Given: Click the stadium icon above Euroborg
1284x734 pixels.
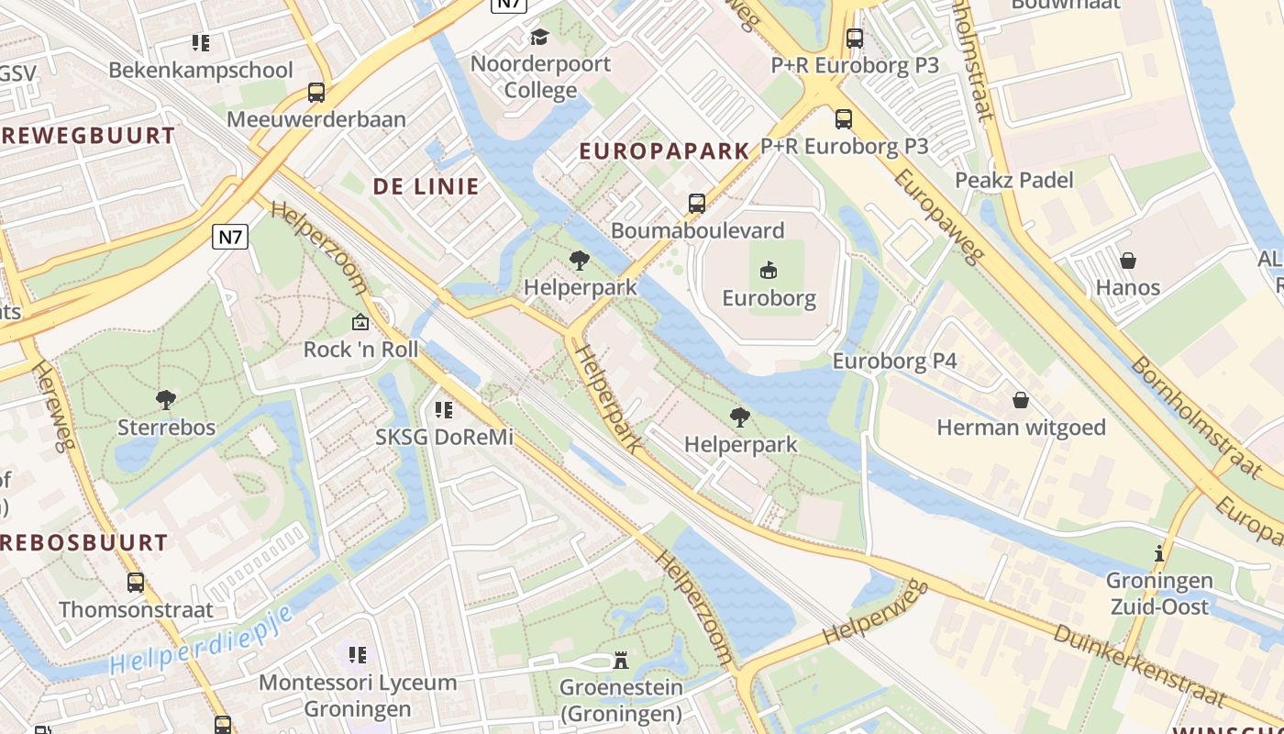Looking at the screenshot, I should click(x=769, y=270).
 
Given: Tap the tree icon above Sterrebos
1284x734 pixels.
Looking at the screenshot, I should click(x=166, y=399).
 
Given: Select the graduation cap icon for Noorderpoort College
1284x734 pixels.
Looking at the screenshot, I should click(x=539, y=37).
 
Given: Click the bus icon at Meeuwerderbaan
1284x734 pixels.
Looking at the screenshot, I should click(x=316, y=92).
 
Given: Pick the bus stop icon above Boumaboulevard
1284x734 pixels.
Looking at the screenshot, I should click(x=697, y=203).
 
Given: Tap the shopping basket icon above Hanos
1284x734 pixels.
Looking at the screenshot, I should click(x=1128, y=261).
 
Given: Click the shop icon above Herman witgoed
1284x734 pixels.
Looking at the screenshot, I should click(x=1020, y=400).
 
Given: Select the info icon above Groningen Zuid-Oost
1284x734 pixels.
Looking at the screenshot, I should click(x=1159, y=553).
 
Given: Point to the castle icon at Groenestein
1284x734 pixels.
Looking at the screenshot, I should click(x=621, y=661).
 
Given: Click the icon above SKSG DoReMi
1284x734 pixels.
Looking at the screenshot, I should click(x=444, y=409).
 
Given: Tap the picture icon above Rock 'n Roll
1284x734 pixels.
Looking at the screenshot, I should click(x=360, y=322).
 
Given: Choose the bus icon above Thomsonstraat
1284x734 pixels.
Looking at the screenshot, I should click(x=136, y=582).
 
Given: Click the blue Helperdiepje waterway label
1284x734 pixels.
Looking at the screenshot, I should click(x=202, y=640).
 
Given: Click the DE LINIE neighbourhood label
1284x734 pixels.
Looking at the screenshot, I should click(x=426, y=186).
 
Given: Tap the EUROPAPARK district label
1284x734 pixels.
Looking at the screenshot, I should click(x=664, y=151).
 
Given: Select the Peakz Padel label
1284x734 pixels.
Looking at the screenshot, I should click(x=1013, y=180).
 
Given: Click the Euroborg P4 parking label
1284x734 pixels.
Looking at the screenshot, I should click(x=894, y=361).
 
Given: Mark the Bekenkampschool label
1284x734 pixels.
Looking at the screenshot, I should click(x=201, y=70).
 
